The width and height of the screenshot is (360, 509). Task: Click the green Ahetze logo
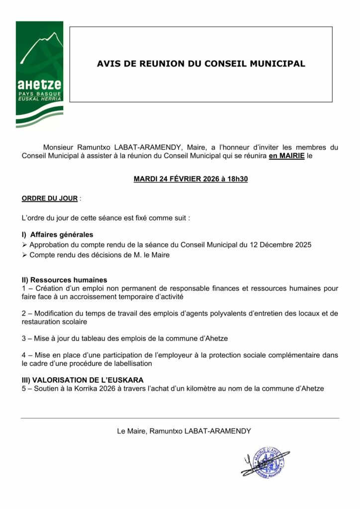pos(39,73)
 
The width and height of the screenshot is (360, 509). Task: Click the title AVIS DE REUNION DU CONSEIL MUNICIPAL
pos(200,64)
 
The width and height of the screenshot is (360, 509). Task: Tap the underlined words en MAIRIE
pos(286,156)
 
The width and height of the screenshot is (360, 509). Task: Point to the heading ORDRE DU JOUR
pos(50,198)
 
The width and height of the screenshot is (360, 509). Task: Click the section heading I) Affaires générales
pos(57,235)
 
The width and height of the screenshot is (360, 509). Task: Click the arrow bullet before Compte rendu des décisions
pos(25,255)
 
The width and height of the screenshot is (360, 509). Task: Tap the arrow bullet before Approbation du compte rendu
pos(25,245)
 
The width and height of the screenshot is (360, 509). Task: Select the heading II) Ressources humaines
pos(64,280)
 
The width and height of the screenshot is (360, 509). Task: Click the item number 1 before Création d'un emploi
pos(24,288)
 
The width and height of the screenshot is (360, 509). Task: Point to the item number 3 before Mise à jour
pos(24,339)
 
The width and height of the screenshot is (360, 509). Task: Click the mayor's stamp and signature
pos(265,462)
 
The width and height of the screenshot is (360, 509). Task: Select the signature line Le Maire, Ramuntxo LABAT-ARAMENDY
pos(180,431)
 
